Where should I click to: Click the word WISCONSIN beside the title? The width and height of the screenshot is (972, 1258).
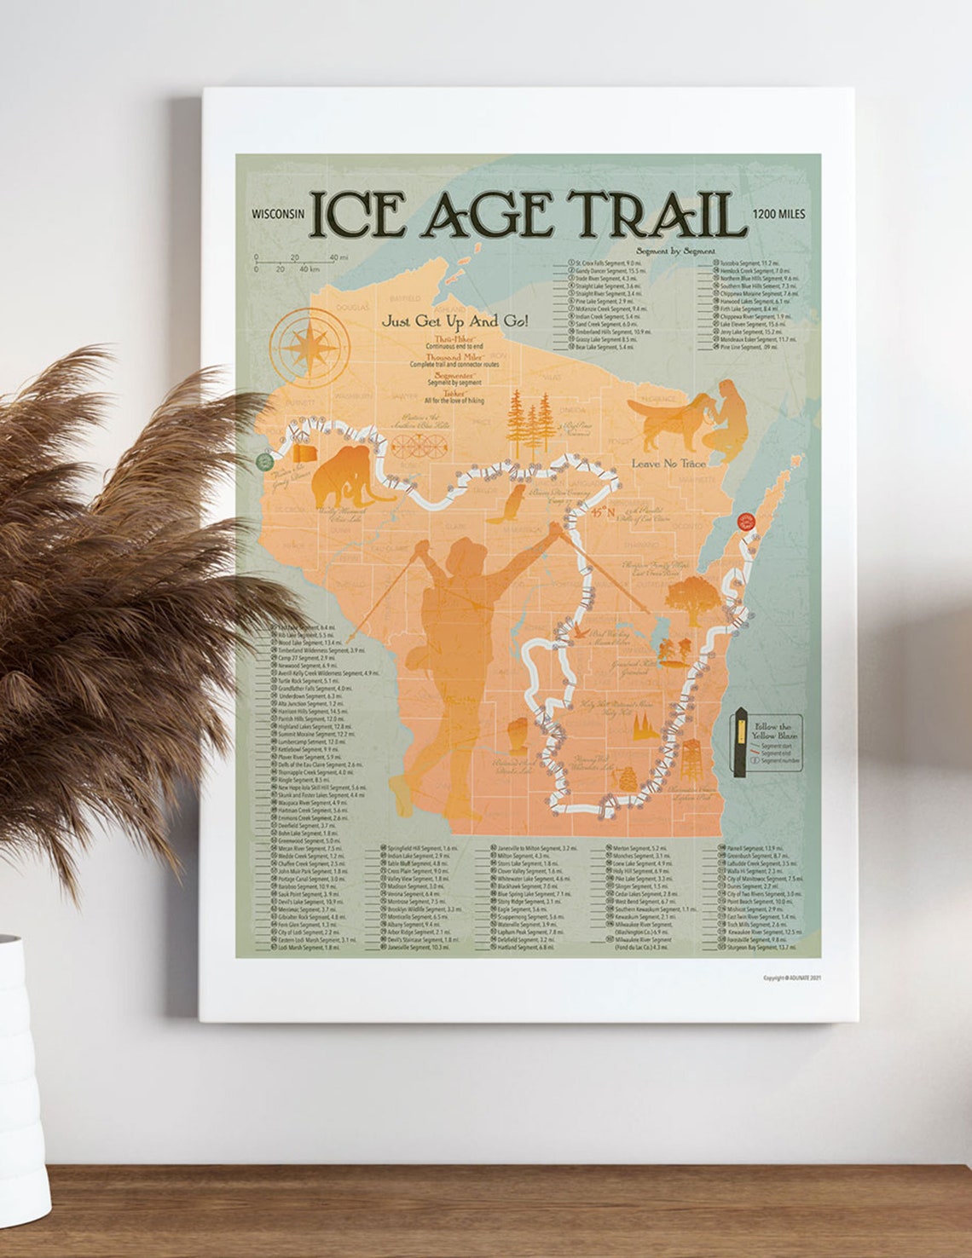click(278, 215)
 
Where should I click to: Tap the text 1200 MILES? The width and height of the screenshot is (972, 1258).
click(778, 215)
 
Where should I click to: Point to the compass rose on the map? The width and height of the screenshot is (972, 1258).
click(309, 346)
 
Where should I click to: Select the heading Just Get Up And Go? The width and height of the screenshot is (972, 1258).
click(454, 321)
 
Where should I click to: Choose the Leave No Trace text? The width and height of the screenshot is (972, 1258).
click(668, 463)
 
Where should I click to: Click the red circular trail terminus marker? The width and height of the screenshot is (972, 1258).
click(748, 520)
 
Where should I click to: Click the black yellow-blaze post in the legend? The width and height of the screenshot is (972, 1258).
click(740, 742)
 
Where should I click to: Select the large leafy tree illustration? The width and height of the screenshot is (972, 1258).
click(689, 597)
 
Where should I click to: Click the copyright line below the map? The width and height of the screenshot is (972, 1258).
click(792, 978)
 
